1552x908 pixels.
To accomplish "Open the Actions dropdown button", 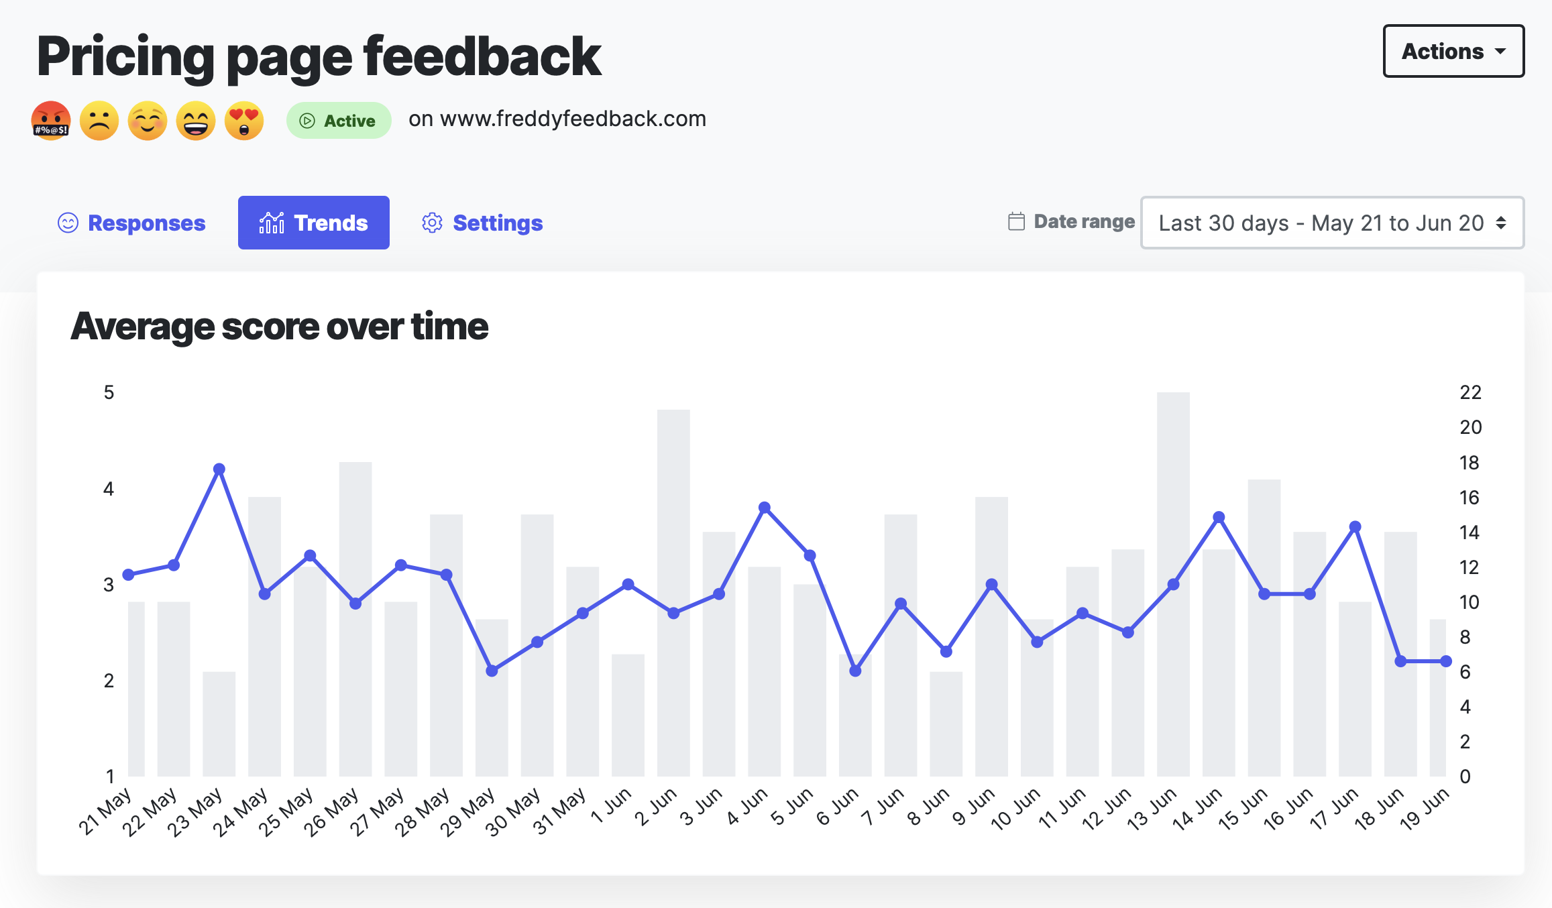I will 1453,52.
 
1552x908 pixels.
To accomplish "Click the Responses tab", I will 132,223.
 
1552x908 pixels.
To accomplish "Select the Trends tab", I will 313,223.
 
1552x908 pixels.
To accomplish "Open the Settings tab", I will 482,223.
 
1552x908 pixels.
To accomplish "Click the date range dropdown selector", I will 1332,223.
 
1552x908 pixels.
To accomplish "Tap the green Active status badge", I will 339,121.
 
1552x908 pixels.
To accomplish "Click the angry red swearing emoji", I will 51,121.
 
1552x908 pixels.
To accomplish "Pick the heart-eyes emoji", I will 244,121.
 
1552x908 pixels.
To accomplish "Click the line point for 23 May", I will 219,469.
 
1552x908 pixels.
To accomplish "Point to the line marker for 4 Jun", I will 765,508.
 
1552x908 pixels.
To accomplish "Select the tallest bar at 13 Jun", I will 1173,583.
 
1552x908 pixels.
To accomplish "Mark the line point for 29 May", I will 492,671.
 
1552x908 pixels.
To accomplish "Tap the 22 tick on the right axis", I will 1470,392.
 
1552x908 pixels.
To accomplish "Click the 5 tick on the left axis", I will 109,392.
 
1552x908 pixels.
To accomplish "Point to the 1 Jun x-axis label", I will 612,807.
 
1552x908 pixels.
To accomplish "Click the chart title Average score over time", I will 279,327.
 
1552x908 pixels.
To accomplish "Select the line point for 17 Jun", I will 1355,527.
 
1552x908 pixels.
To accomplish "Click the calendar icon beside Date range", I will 1016,221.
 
